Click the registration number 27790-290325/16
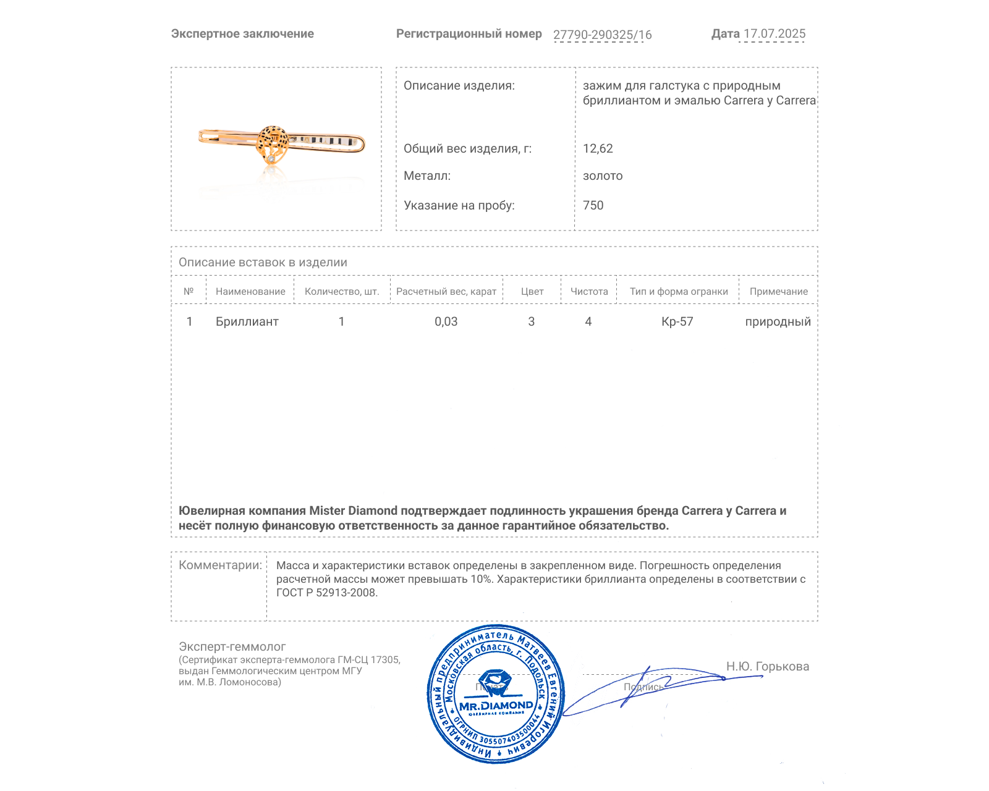tap(602, 35)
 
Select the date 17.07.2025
tap(774, 34)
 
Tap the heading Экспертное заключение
tap(242, 34)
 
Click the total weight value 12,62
tap(598, 148)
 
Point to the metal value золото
tap(603, 176)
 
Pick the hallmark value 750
tap(593, 205)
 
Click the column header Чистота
tap(589, 292)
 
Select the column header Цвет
tap(532, 292)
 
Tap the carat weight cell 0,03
tap(446, 321)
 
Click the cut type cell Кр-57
tap(677, 321)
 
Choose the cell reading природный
tap(778, 321)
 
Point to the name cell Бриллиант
tap(247, 321)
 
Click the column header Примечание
tap(778, 292)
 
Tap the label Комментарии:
tap(220, 565)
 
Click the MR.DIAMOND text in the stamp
tap(496, 705)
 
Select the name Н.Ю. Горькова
tap(767, 666)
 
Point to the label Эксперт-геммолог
tap(232, 646)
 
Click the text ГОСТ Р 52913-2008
tap(326, 593)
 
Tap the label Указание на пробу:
tap(459, 205)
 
